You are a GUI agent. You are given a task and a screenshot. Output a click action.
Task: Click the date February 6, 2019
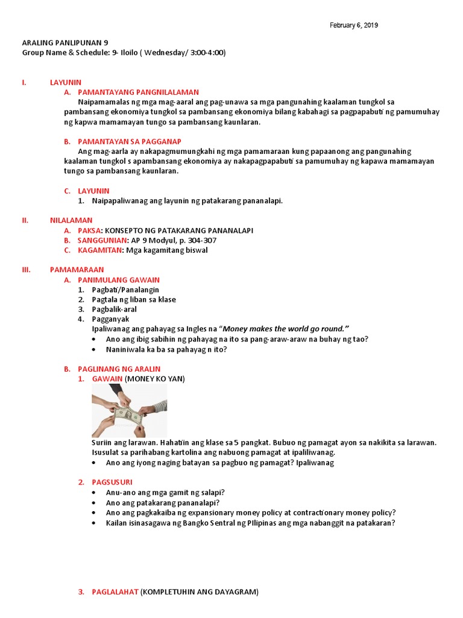pos(354,25)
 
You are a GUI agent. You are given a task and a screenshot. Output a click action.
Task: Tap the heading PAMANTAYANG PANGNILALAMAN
pos(138,92)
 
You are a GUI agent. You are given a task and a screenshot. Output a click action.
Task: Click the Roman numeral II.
pos(25,220)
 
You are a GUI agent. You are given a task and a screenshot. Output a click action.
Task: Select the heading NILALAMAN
pos(71,220)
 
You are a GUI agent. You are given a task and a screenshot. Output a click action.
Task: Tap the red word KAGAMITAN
pos(100,250)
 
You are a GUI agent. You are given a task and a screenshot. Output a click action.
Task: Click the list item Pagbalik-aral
pos(114,309)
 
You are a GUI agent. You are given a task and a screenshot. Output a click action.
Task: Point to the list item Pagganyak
pos(110,319)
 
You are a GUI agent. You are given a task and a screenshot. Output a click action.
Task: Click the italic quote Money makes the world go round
pos(286,329)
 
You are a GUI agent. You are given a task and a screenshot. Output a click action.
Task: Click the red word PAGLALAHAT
pos(115,592)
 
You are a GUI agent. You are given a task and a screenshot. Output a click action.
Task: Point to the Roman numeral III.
pos(27,270)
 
